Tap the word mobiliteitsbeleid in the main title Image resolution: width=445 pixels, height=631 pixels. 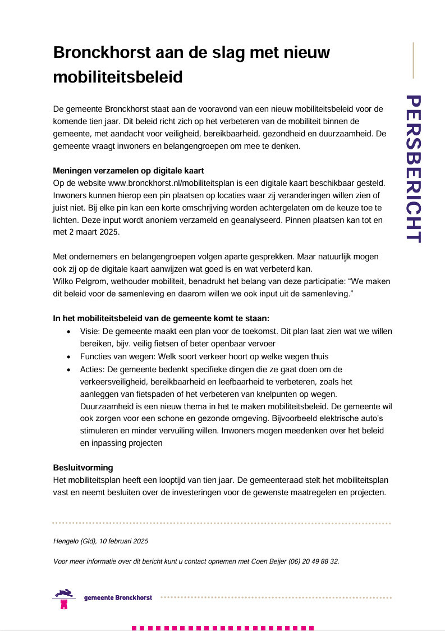tap(118, 77)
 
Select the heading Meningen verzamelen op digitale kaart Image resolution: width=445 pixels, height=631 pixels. tap(128, 171)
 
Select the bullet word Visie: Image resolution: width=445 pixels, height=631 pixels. tap(90, 331)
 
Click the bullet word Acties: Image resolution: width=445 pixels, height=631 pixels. tap(91, 369)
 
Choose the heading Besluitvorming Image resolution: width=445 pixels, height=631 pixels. tap(83, 467)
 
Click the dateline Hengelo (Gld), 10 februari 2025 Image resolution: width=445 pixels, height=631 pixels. tap(100, 541)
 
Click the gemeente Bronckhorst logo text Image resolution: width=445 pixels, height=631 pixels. tap(118, 597)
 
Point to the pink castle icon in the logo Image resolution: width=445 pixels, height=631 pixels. tap(64, 605)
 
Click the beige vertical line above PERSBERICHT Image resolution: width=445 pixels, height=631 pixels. tap(414, 60)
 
